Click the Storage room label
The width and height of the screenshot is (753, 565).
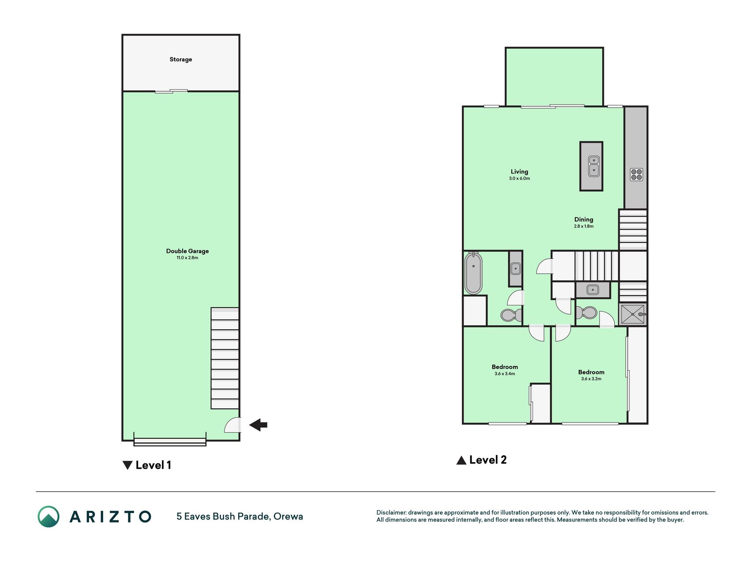pos(181,59)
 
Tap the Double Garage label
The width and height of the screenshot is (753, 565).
pos(187,251)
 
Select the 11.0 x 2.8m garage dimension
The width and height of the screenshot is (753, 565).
pos(187,258)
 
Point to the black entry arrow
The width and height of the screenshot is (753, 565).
pos(258,425)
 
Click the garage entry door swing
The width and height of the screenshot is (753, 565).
pos(232,425)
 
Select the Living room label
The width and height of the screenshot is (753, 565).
pos(519,172)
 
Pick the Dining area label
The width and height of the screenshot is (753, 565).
pos(584,219)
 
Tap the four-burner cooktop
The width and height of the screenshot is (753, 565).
pos(636,174)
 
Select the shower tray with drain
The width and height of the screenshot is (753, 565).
pos(633,314)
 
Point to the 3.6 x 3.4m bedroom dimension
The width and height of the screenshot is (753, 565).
pos(505,374)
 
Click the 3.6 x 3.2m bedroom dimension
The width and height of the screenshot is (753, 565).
pos(591,379)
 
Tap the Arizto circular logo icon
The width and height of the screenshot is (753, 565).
pos(49,516)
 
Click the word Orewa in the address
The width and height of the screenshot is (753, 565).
pos(288,516)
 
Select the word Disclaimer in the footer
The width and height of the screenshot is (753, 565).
pos(390,512)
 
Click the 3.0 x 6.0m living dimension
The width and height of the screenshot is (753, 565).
pos(519,179)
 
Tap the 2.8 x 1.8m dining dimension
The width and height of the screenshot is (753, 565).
pos(584,226)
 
